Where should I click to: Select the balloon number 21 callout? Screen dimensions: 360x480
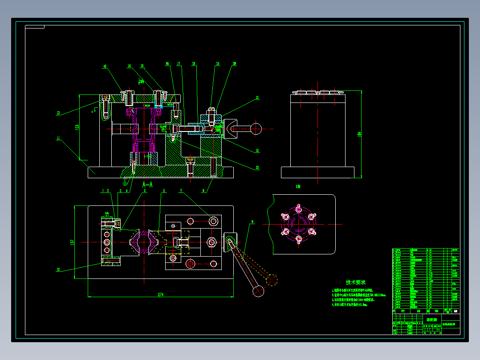[x=257, y=98]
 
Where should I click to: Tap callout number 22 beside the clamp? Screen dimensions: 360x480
[x=257, y=151]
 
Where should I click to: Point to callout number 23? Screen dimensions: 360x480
[x=257, y=168]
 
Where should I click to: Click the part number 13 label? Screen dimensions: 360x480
[x=58, y=113]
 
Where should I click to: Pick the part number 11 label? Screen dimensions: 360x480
[x=58, y=138]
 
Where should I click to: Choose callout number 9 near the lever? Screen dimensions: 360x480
[x=252, y=221]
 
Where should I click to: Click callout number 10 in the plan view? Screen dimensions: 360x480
[x=58, y=269]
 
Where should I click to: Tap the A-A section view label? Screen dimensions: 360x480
[x=147, y=184]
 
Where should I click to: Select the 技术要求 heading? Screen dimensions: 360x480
[x=356, y=282]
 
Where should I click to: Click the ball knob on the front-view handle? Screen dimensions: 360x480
[x=256, y=128]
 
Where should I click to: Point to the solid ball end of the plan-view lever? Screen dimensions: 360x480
[x=258, y=291]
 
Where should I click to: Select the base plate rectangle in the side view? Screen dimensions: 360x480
[x=317, y=172]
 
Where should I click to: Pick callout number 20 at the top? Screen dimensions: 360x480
[x=234, y=64]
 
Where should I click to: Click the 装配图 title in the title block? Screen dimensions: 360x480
[x=431, y=319]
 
